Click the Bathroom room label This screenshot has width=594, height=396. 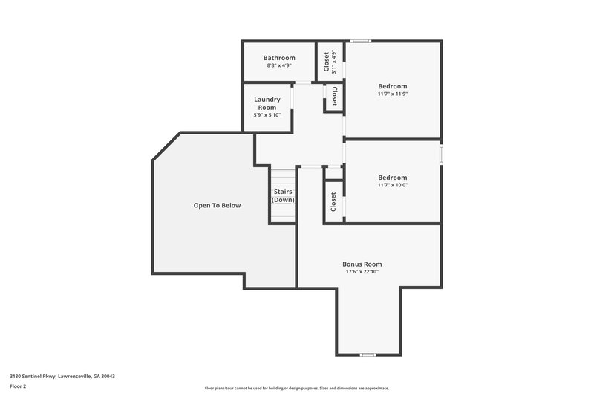[x=279, y=58]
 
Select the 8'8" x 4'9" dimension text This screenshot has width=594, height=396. [x=279, y=66]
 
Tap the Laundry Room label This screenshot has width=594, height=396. [x=267, y=103]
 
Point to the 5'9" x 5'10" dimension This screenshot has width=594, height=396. [x=267, y=116]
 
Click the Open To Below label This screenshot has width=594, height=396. [x=217, y=205]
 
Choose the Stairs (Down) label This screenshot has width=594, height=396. [x=283, y=196]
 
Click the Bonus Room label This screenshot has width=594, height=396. [x=362, y=264]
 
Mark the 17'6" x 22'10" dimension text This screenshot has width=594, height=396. [x=362, y=272]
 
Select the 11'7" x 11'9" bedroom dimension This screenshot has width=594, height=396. [x=393, y=94]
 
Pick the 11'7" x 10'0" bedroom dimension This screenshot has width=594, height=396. [x=393, y=185]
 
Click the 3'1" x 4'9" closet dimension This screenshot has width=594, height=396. [x=335, y=63]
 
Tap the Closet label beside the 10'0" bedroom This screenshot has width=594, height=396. [x=333, y=201]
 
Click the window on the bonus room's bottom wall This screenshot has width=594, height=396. [x=367, y=354]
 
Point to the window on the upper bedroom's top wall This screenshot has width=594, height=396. [x=361, y=41]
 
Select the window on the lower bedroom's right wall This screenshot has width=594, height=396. [x=441, y=154]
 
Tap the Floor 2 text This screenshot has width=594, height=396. [x=18, y=386]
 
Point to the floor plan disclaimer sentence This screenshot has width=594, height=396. [x=297, y=388]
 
